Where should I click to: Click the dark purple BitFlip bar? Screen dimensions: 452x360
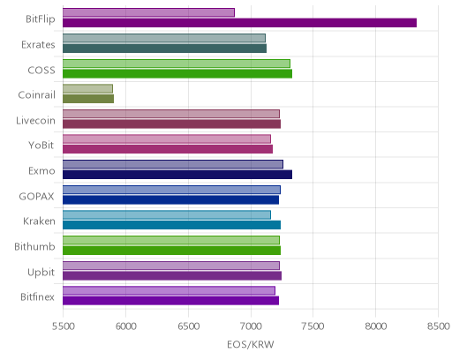point(239,23)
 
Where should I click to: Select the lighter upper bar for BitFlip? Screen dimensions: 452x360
point(148,12)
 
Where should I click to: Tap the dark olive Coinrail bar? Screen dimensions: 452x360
point(88,99)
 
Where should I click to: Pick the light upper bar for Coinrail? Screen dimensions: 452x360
point(87,89)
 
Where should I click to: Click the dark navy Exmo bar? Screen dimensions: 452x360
point(177,175)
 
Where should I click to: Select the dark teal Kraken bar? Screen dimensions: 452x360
point(171,225)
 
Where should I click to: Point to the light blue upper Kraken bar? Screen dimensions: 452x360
point(167,215)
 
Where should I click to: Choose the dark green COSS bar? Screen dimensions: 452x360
point(177,73)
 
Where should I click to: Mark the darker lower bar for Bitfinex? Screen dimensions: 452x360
point(170,301)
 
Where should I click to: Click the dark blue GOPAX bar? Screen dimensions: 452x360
point(170,199)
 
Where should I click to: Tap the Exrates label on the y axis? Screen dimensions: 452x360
point(38,45)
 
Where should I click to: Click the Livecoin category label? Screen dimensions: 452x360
point(35,121)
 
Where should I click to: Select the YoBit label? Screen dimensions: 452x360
point(41,146)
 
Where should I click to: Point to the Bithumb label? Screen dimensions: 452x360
point(34,246)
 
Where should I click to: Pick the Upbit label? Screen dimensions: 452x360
point(41,273)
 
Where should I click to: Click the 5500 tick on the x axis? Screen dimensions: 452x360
point(64,326)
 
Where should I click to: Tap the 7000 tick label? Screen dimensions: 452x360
point(251,326)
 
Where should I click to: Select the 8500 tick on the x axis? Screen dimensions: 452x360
point(439,326)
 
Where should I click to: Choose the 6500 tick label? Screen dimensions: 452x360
point(188,326)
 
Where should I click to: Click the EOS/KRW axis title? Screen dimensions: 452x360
point(251,344)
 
